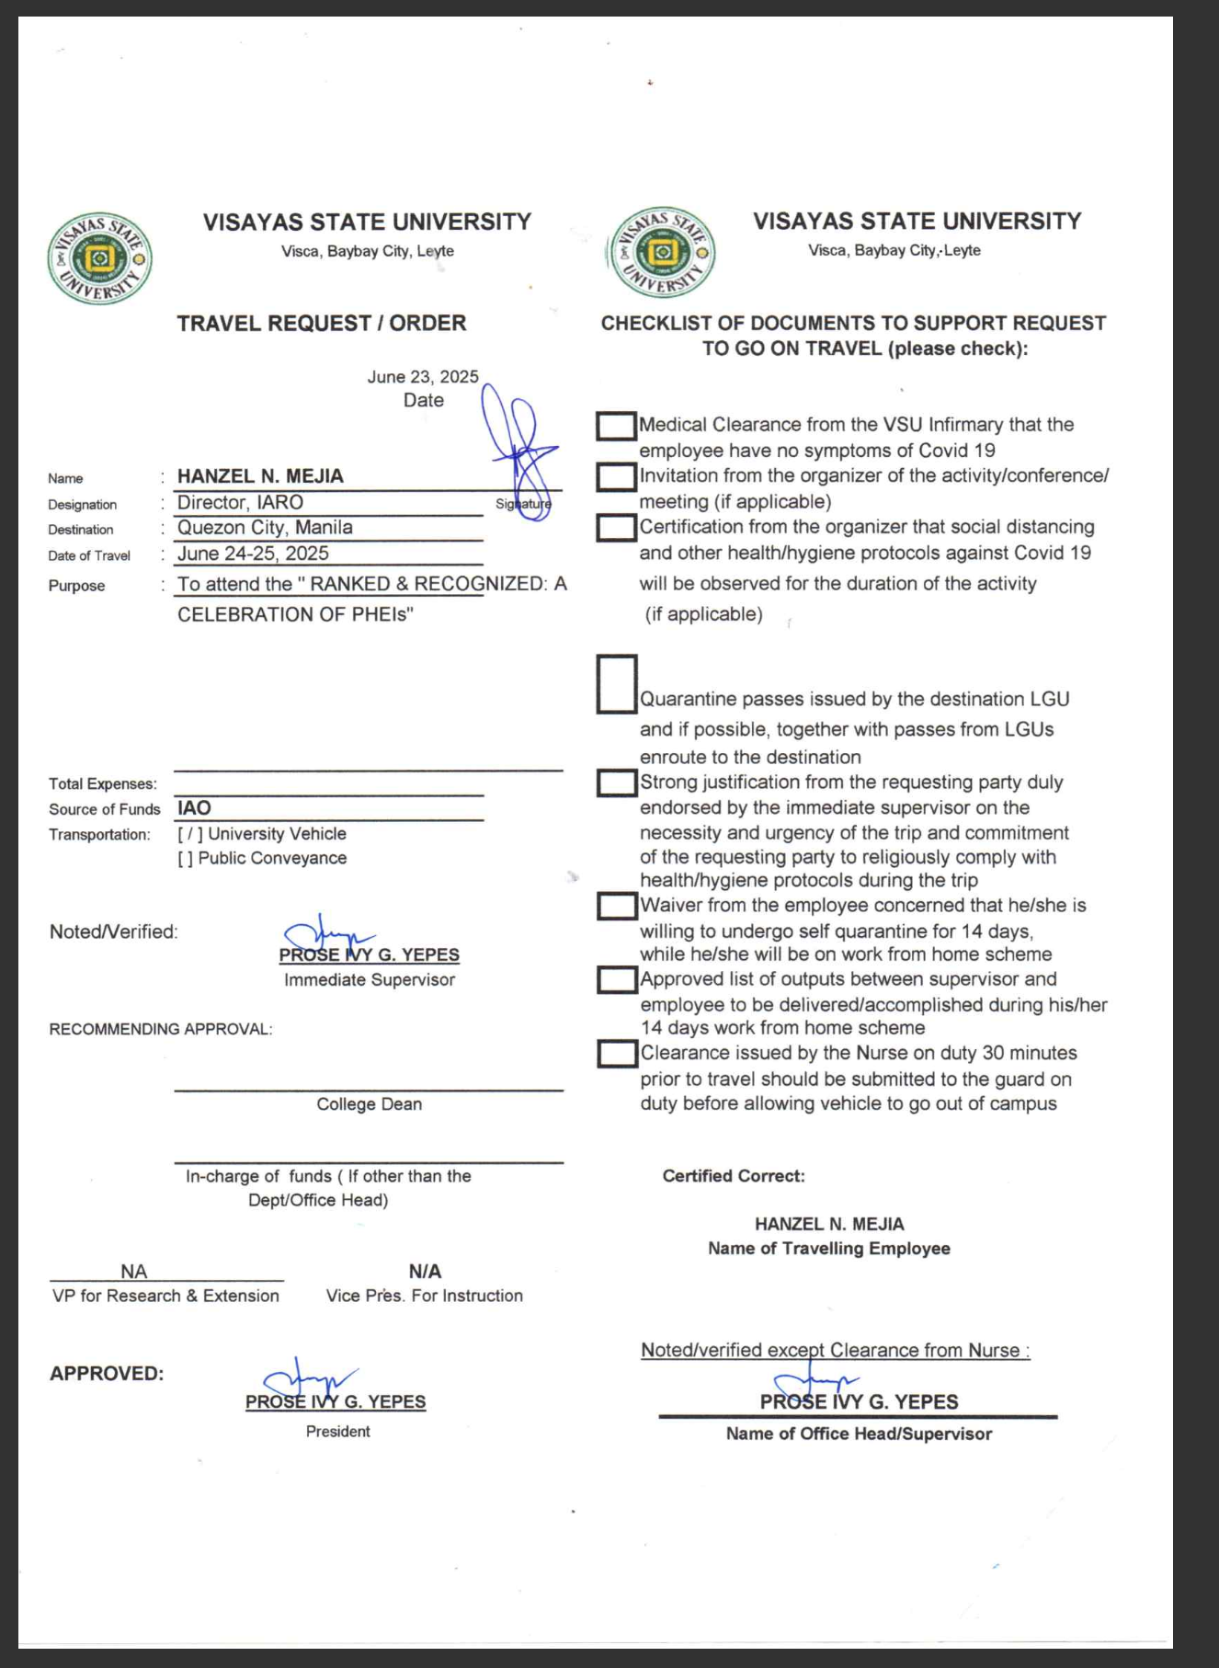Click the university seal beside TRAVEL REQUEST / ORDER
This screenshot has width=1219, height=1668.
[99, 258]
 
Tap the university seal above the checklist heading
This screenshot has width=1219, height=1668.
[662, 252]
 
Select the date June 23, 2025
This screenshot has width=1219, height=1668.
[423, 377]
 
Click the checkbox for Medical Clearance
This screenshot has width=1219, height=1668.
[616, 426]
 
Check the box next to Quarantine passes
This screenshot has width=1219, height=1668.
[617, 684]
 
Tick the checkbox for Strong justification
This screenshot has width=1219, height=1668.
[617, 783]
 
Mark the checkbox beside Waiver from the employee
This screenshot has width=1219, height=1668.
[617, 906]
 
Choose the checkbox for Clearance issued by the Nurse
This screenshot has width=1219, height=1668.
[617, 1054]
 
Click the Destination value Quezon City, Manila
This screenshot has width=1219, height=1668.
[265, 528]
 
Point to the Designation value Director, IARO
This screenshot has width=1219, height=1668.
[240, 503]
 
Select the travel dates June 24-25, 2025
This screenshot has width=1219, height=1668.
[253, 554]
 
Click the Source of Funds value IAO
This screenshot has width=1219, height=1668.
[194, 808]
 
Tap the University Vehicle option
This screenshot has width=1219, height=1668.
[262, 834]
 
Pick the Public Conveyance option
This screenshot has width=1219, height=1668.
[262, 858]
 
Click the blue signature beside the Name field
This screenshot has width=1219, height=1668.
[520, 451]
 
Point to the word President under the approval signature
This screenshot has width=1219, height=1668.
[338, 1432]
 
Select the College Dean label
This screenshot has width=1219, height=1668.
[370, 1104]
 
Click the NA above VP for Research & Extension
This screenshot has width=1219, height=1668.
[133, 1272]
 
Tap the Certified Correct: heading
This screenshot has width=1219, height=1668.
[734, 1176]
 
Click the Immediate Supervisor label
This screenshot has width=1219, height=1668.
[370, 980]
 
